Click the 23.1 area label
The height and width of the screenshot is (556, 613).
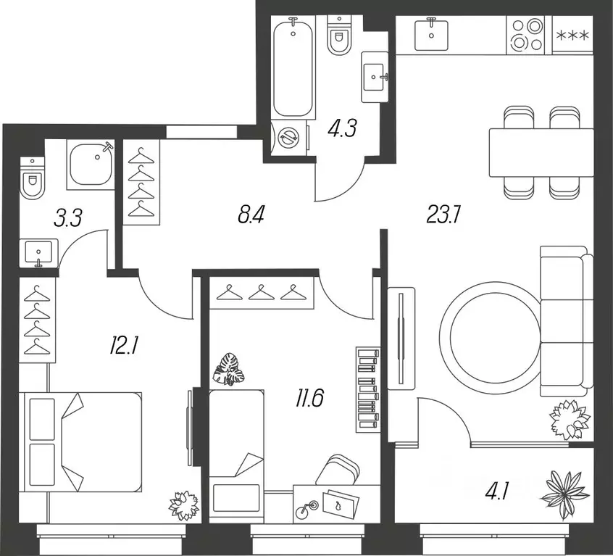pyautogui.click(x=443, y=215)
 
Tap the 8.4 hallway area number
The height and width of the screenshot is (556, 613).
pyautogui.click(x=251, y=215)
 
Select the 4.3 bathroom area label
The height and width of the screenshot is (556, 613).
pyautogui.click(x=343, y=128)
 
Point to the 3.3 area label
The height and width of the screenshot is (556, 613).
pyautogui.click(x=68, y=218)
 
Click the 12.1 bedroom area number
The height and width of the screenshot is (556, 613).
pyautogui.click(x=123, y=347)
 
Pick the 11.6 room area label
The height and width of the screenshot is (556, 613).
pyautogui.click(x=309, y=399)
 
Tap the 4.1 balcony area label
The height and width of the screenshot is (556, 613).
pyautogui.click(x=497, y=491)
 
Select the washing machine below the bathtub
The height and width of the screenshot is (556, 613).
pyautogui.click(x=289, y=137)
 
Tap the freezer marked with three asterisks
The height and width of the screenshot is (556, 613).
pyautogui.click(x=572, y=36)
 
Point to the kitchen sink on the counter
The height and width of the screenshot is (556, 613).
pyautogui.click(x=431, y=34)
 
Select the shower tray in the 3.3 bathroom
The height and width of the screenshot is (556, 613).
pyautogui.click(x=91, y=165)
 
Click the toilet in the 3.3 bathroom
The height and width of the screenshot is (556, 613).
pyautogui.click(x=32, y=178)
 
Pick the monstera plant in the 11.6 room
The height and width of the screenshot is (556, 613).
pyautogui.click(x=229, y=370)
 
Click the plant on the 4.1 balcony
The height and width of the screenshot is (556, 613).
pyautogui.click(x=565, y=495)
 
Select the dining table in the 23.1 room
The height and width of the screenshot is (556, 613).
pyautogui.click(x=541, y=153)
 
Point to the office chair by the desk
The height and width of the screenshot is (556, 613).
pyautogui.click(x=338, y=470)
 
